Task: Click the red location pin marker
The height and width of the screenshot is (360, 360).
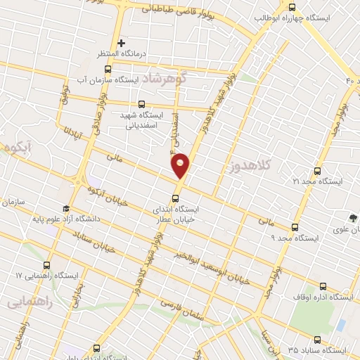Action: coord(181,166)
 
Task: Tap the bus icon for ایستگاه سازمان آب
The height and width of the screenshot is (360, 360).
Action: coord(108,69)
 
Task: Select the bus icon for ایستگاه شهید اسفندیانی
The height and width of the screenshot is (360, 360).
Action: coord(143,103)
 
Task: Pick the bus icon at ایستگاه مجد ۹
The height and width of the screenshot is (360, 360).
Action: coord(295,227)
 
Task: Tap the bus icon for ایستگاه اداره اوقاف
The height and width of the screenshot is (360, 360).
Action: coord(323,286)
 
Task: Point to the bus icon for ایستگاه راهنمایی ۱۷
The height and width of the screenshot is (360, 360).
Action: coord(46,265)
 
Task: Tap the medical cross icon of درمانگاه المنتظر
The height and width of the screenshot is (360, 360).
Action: coord(122,43)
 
